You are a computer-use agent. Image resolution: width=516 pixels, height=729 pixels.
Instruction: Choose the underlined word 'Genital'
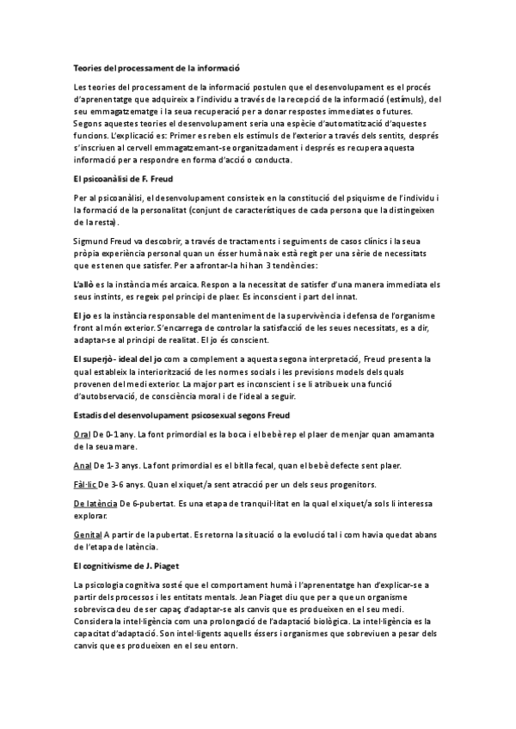88,536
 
